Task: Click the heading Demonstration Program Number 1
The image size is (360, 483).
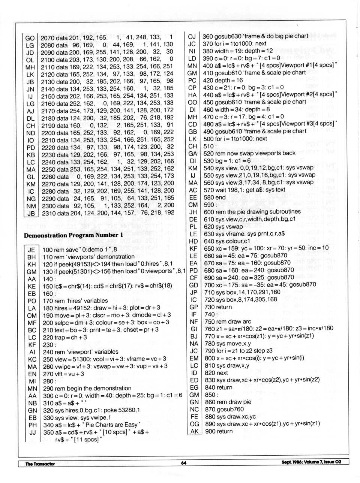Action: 73,235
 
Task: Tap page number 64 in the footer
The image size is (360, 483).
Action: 184,463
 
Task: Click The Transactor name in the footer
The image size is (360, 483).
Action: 40,464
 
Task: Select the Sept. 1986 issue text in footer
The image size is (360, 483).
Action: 311,462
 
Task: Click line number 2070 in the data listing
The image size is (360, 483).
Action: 48,38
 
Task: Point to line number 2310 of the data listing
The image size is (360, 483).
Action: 48,213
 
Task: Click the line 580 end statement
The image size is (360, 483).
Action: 215,197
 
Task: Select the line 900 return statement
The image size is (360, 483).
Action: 219,431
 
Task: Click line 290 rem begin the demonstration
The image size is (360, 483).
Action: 87,388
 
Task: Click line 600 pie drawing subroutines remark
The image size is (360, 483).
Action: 252,212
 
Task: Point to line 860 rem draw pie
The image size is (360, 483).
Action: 228,402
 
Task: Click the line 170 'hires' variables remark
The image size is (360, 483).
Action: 75,301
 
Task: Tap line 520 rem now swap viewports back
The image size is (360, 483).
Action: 249,153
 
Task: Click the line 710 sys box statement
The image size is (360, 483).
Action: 242,292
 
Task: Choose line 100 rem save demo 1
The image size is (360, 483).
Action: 79,250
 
